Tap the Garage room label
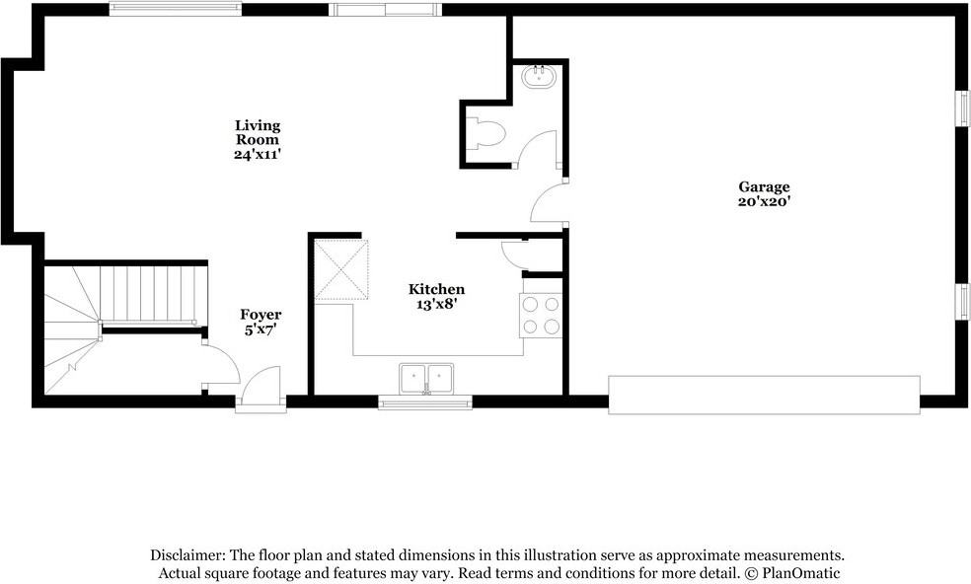764,186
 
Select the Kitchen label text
436,289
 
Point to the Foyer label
261,315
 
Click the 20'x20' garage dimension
764,201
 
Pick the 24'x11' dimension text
258,155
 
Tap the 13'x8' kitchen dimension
436,305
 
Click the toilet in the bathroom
488,132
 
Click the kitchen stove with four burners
541,315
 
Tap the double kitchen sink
426,378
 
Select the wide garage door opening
764,394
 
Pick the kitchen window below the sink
425,401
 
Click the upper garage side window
961,109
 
